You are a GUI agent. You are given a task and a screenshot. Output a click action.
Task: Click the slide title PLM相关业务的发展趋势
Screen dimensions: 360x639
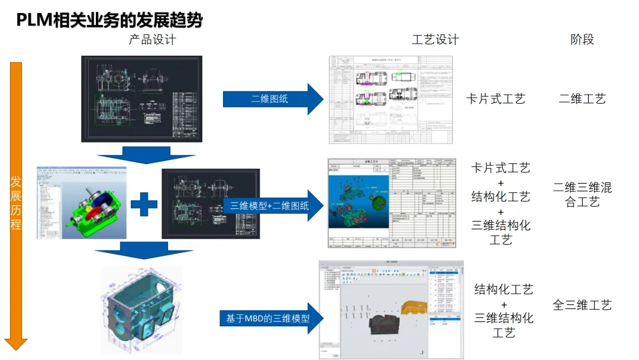click(x=109, y=21)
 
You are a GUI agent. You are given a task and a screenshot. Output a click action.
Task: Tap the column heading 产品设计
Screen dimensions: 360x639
click(x=153, y=40)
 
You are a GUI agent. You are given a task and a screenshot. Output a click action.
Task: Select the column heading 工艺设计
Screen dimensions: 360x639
click(x=435, y=40)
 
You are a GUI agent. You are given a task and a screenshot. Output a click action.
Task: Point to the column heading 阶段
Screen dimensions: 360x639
click(x=582, y=40)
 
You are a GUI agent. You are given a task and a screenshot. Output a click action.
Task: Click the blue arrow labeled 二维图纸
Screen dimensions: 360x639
click(x=272, y=99)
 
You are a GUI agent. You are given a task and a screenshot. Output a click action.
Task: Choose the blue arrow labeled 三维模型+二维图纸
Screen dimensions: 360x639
click(x=272, y=205)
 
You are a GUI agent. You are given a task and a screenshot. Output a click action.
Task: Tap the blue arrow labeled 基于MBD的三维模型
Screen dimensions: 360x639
click(x=272, y=318)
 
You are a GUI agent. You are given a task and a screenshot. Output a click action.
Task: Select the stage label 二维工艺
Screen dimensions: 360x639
click(x=582, y=99)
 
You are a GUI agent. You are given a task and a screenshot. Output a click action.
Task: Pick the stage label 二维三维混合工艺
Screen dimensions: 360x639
click(x=582, y=195)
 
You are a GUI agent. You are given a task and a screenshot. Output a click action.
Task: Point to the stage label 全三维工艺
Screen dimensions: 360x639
click(x=582, y=306)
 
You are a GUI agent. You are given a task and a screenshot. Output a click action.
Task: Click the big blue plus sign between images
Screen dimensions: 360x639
click(x=144, y=204)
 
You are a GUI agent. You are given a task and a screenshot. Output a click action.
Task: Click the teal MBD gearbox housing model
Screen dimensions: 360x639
click(x=142, y=309)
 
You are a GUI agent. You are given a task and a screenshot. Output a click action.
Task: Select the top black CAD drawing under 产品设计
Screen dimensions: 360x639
click(x=141, y=99)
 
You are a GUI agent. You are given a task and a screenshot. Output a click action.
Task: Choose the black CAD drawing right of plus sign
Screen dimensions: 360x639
click(x=210, y=204)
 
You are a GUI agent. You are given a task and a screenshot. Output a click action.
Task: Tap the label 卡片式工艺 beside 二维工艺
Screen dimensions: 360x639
click(x=495, y=99)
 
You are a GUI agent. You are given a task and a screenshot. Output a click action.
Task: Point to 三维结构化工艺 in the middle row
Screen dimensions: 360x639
click(x=501, y=232)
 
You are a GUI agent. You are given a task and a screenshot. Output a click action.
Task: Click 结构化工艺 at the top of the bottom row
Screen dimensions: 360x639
click(x=504, y=290)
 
